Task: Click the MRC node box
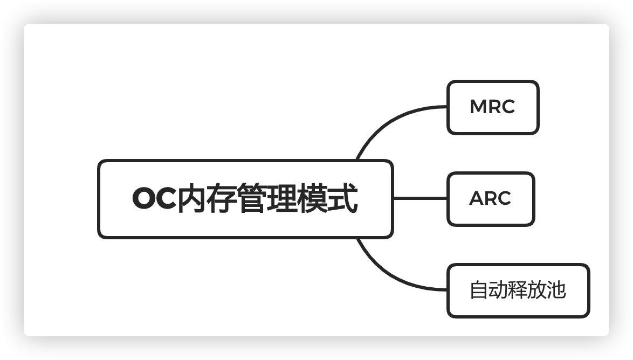(x=492, y=107)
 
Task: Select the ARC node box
(x=490, y=199)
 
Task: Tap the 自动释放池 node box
(x=518, y=290)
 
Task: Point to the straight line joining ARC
(x=420, y=198)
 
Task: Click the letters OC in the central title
(x=154, y=198)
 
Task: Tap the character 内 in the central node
(x=192, y=198)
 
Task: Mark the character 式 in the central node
(x=342, y=198)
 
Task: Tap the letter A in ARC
(x=477, y=199)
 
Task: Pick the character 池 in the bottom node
(x=556, y=290)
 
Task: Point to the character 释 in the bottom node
(x=518, y=290)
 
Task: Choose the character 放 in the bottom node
(x=537, y=290)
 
